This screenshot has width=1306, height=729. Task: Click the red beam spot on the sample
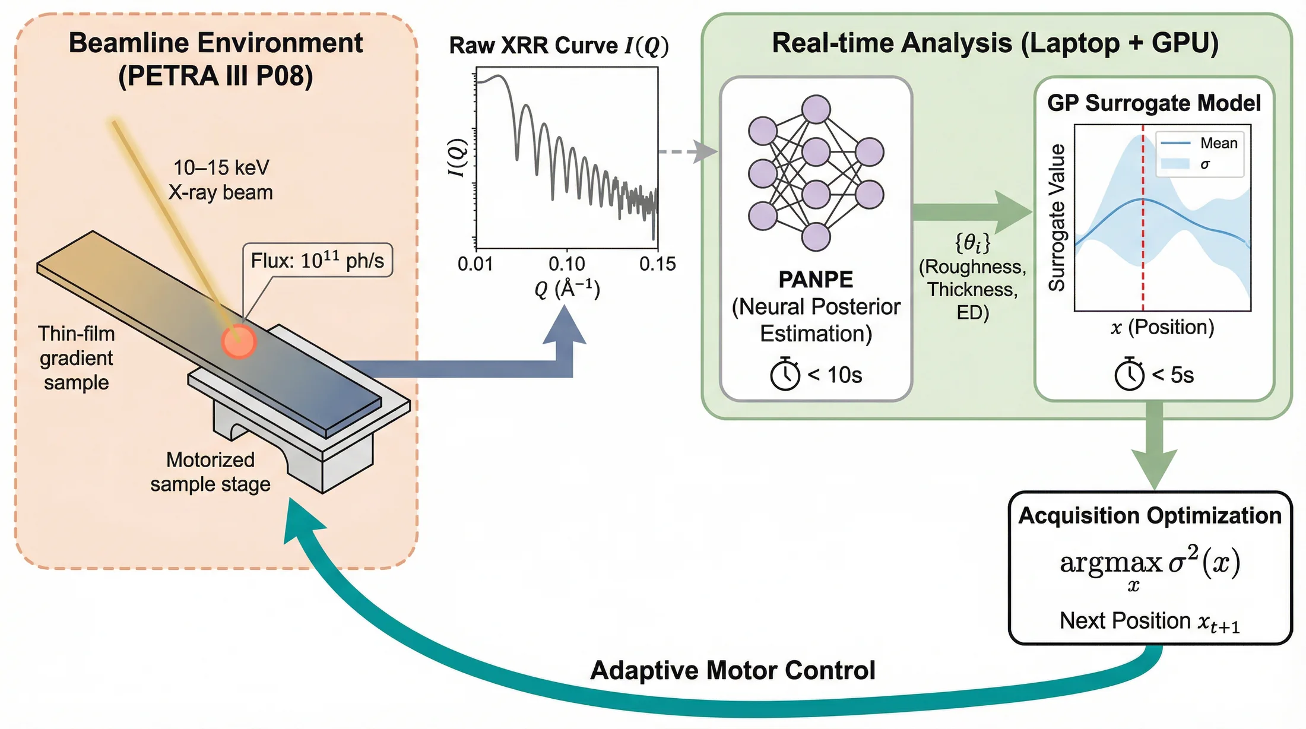[x=239, y=341]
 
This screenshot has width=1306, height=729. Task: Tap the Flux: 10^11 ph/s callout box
[x=318, y=260]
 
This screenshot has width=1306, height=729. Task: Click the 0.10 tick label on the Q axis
[x=566, y=264]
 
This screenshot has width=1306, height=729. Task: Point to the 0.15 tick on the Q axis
[x=657, y=264]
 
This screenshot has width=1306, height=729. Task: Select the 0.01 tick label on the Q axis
[x=475, y=264]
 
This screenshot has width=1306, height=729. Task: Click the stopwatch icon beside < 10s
[x=785, y=373]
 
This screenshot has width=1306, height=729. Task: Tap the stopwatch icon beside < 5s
[x=1129, y=373]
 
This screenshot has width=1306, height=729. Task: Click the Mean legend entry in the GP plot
[x=1199, y=143]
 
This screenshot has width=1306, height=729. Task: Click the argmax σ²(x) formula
[x=1150, y=566]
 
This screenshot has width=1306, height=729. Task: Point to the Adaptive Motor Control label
[x=733, y=670]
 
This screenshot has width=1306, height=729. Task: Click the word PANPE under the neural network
[x=816, y=279]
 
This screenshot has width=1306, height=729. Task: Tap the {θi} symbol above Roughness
[x=972, y=243]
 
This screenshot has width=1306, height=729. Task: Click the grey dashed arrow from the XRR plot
[x=689, y=152]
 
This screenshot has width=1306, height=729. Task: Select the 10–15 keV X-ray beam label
[x=221, y=180]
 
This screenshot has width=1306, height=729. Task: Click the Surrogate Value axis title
[x=1057, y=217]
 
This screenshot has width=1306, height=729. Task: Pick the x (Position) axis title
[x=1162, y=327]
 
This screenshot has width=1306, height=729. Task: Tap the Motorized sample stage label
[x=210, y=472]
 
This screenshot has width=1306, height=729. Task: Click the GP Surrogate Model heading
[x=1154, y=103]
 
